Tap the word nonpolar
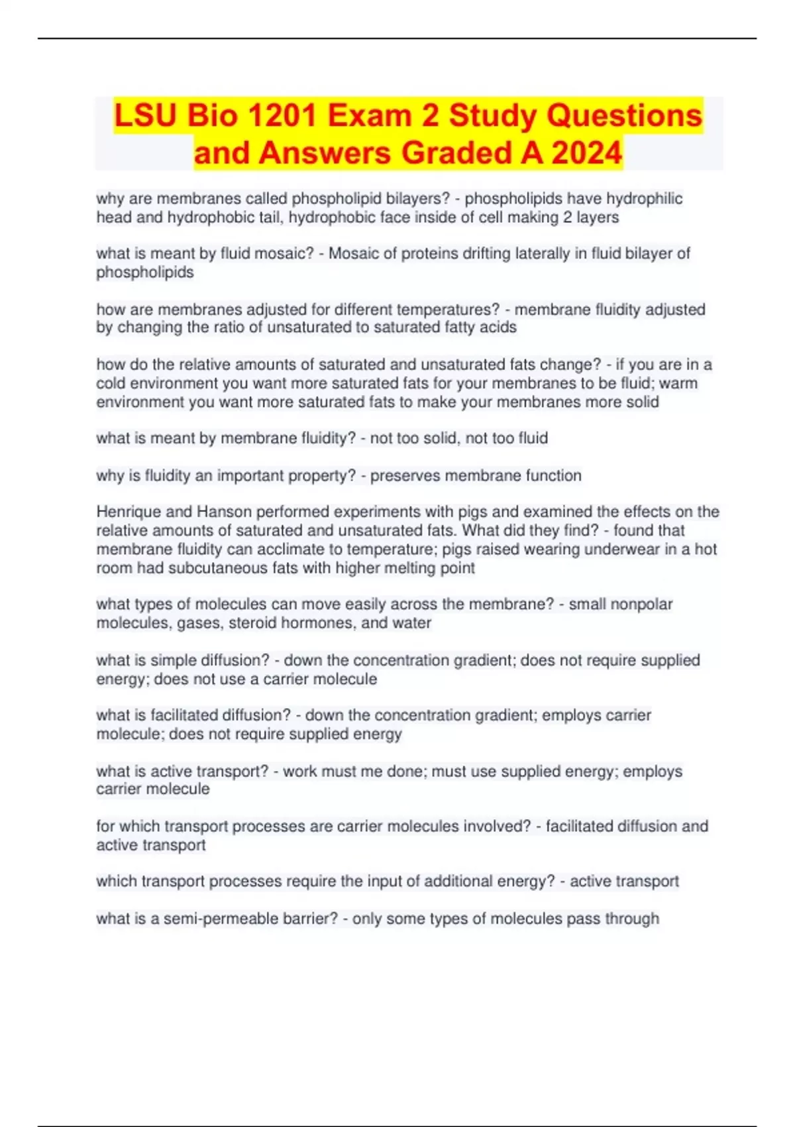(x=639, y=604)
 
